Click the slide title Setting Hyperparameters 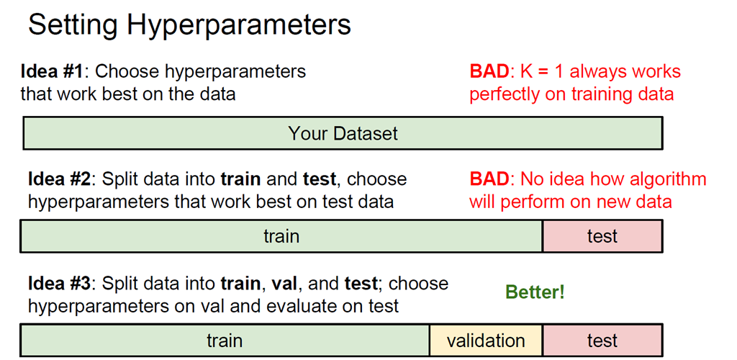(189, 24)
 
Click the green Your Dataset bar (343, 133)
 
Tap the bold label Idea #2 (59, 179)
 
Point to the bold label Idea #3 (59, 284)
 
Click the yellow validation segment (486, 340)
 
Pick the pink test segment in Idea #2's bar (602, 236)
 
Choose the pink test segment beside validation (602, 340)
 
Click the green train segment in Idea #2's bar (281, 236)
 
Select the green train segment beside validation (225, 340)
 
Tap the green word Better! (535, 292)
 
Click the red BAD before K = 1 (489, 71)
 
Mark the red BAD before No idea (489, 179)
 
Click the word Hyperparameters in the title (238, 25)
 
